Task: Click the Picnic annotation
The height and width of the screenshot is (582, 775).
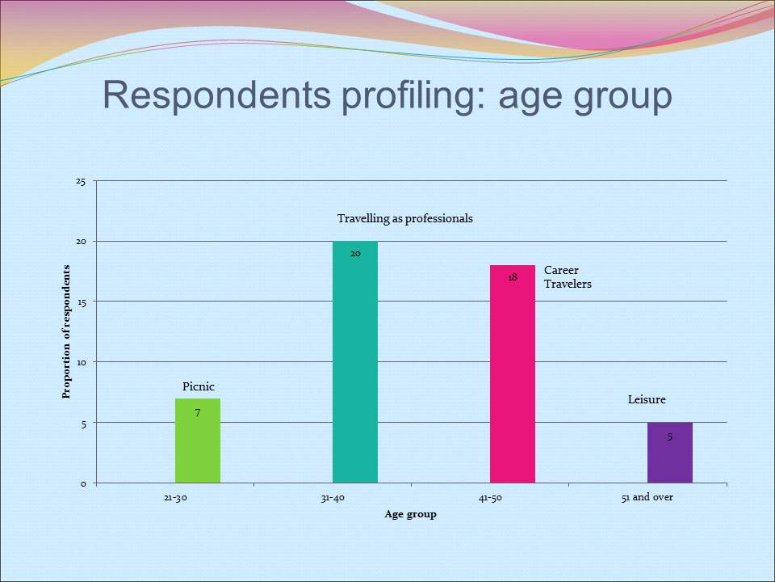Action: point(199,387)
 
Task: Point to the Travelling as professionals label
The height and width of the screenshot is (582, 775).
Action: point(404,218)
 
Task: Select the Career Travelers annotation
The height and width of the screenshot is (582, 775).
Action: point(568,277)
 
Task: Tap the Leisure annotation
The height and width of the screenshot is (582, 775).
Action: point(647,399)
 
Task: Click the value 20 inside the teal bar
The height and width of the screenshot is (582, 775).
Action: point(355,253)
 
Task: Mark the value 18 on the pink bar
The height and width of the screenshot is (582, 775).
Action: point(513,277)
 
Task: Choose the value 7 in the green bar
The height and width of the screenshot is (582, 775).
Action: point(197,413)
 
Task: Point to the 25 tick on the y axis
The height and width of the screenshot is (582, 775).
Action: point(81,181)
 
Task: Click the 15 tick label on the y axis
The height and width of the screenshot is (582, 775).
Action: point(81,302)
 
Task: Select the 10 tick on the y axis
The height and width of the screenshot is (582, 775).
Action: point(81,362)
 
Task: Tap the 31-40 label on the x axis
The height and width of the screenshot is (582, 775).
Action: point(333,498)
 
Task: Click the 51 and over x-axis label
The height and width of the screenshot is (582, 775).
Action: point(647,497)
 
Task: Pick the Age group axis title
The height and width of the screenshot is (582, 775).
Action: point(410,514)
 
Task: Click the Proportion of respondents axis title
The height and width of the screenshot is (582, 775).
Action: point(67,331)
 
